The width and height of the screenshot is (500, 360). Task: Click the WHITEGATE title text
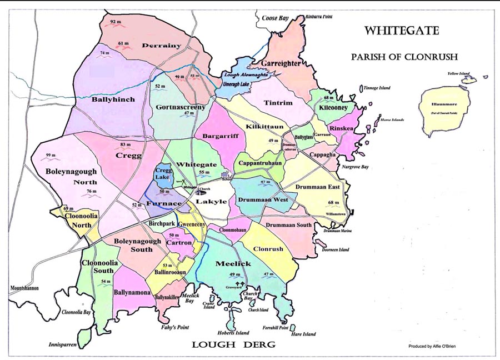pos(404,31)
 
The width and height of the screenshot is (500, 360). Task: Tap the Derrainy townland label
pos(162,46)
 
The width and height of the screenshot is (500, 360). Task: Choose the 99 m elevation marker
pos(51,156)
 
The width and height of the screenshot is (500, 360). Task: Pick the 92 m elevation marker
pos(116,22)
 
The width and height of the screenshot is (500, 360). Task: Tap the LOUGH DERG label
pos(233,344)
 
